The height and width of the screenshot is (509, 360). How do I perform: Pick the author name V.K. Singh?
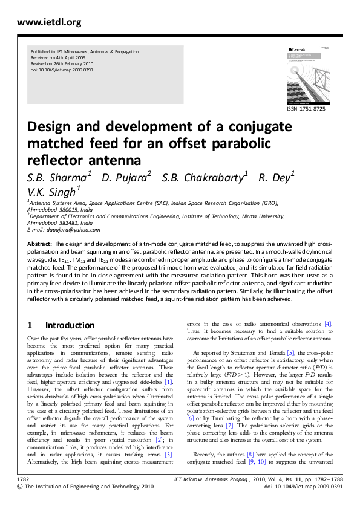click(53, 191)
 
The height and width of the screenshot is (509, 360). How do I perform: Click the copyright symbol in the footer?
click(21, 486)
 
